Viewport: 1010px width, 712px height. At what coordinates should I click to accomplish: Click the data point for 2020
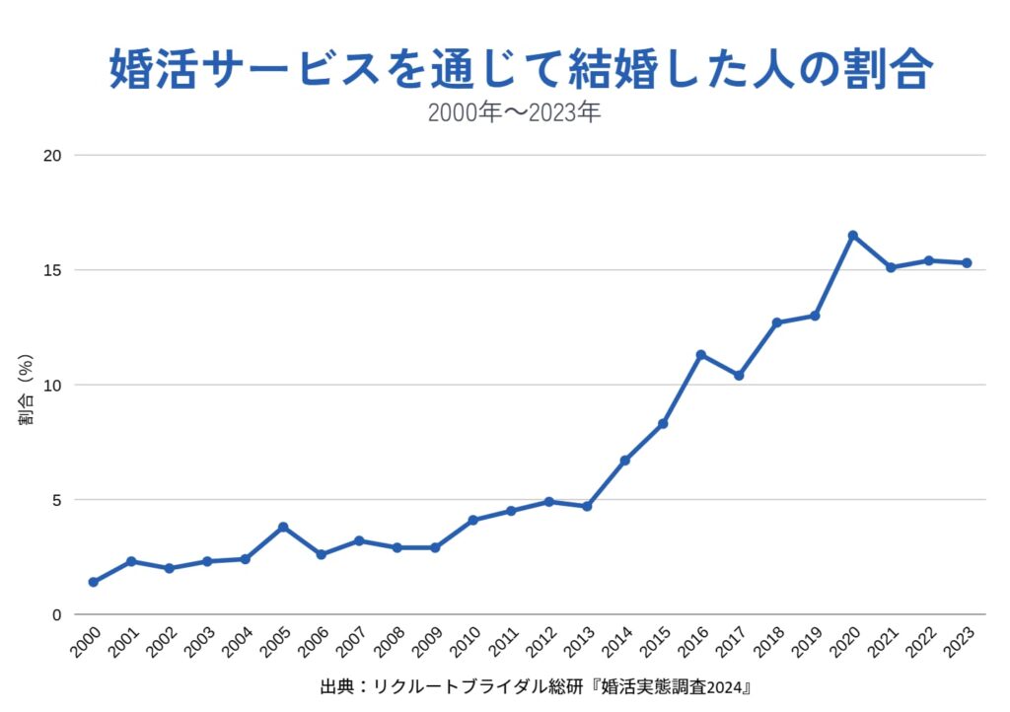click(853, 236)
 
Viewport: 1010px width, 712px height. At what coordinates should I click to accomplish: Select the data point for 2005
click(283, 527)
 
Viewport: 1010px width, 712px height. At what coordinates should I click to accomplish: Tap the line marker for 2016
click(701, 355)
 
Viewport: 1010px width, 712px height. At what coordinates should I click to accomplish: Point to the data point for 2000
click(93, 582)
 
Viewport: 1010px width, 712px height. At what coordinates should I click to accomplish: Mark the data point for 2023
click(968, 263)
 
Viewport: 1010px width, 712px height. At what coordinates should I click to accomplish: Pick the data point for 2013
click(587, 506)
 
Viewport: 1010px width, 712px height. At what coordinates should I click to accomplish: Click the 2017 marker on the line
click(739, 376)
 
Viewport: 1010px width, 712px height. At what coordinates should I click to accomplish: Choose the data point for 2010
click(473, 520)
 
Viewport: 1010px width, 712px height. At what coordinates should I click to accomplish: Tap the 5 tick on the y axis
click(57, 500)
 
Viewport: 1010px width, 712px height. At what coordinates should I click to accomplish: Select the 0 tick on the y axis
click(57, 614)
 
